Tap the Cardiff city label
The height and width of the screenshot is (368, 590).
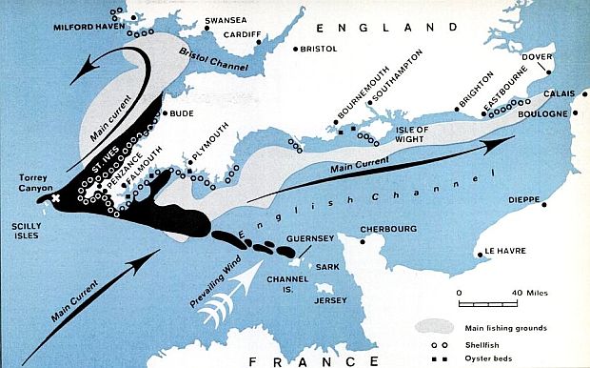click(x=242, y=34)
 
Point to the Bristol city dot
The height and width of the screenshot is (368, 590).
click(x=296, y=49)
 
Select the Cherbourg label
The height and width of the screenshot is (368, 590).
click(x=389, y=229)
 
